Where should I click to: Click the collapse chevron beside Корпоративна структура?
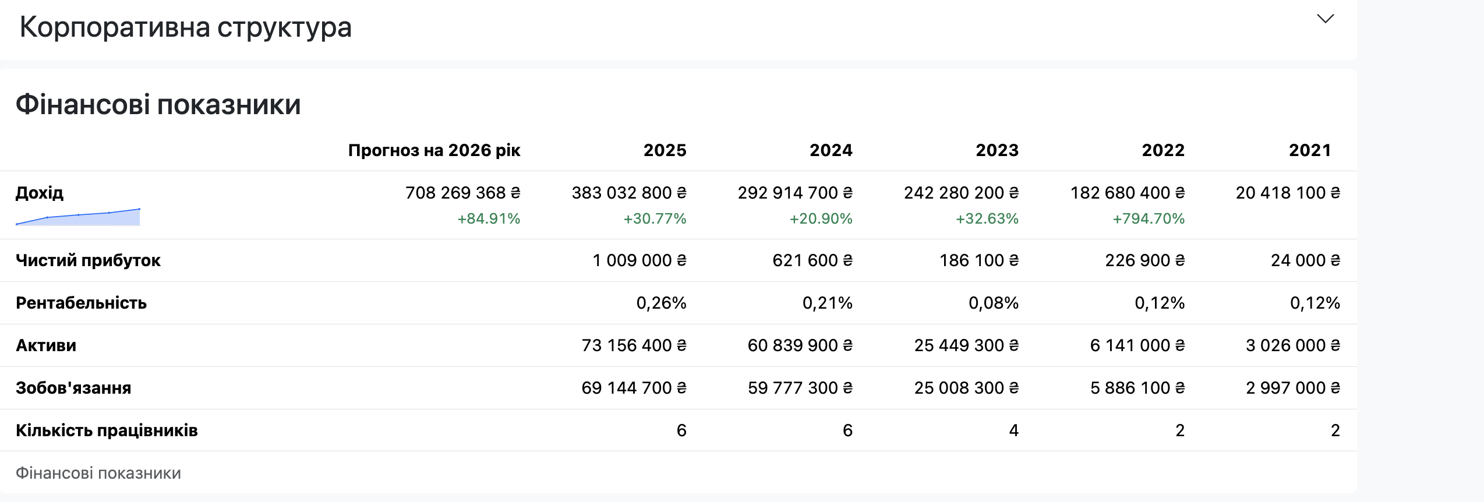[1325, 19]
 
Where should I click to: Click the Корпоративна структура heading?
[186, 27]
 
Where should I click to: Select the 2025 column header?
[665, 150]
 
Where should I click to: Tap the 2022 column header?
[1163, 150]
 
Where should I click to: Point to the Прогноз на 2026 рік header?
[434, 150]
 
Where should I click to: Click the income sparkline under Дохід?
[78, 217]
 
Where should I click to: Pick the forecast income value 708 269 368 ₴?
[463, 193]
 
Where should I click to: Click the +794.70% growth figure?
[1149, 219]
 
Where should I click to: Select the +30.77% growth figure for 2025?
[655, 219]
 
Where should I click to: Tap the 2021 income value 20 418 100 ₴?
[1288, 193]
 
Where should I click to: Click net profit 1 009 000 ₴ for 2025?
[639, 260]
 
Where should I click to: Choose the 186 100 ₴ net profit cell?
[979, 260]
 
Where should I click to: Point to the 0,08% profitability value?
[994, 303]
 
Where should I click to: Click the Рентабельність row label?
[81, 303]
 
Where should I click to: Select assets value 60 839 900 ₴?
[800, 345]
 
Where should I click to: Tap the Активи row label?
[46, 345]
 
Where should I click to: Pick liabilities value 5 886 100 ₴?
[1137, 388]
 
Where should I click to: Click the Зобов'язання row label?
[73, 388]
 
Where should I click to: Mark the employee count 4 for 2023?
[1014, 430]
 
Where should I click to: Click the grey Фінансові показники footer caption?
[98, 473]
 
